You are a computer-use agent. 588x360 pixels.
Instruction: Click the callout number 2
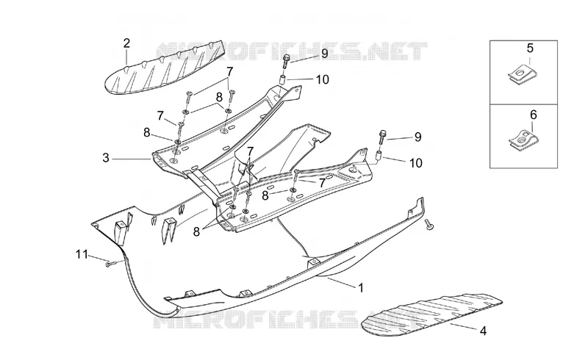point(126,43)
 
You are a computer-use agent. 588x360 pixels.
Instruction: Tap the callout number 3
point(106,158)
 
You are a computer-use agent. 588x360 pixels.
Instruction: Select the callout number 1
point(361,288)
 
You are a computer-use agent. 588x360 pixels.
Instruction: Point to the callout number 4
point(484,331)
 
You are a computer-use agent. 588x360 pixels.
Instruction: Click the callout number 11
point(82,255)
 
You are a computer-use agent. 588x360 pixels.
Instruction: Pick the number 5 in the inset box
point(530,48)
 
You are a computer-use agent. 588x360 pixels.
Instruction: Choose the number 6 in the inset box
point(533,115)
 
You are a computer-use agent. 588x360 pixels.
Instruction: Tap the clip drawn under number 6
point(523,140)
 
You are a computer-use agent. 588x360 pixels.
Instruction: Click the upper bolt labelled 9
point(287,60)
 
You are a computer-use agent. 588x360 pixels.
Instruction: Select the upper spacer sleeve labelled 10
point(284,80)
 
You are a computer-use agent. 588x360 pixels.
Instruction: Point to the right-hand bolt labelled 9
point(382,137)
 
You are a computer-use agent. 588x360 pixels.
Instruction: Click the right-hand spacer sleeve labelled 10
point(379,155)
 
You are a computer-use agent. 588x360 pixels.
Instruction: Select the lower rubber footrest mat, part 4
point(431,314)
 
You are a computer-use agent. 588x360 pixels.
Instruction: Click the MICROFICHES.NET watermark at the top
point(291,51)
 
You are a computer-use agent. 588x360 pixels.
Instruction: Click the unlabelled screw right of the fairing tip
point(429,224)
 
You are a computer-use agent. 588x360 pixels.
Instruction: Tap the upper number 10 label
point(322,79)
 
